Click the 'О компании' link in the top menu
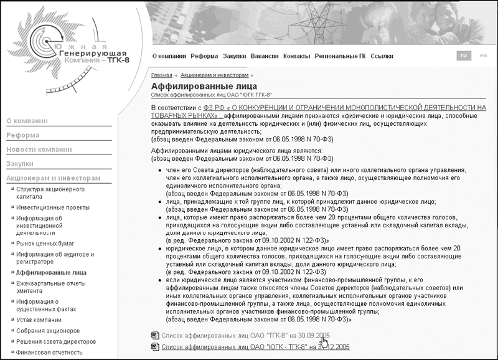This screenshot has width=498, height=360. [169, 56]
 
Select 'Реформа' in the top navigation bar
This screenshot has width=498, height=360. [204, 56]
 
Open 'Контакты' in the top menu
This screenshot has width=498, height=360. [296, 56]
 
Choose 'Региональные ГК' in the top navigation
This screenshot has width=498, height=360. [340, 56]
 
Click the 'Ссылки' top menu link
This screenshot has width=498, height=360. [382, 56]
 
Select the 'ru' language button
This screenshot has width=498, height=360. [463, 56]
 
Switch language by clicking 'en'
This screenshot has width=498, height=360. [483, 56]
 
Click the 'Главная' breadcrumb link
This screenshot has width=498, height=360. [161, 75]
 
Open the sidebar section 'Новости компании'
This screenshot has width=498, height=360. [40, 149]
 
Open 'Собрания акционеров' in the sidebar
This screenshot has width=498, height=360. [48, 331]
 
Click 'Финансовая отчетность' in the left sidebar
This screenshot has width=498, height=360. [49, 353]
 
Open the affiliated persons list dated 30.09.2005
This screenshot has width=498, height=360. [237, 335]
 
